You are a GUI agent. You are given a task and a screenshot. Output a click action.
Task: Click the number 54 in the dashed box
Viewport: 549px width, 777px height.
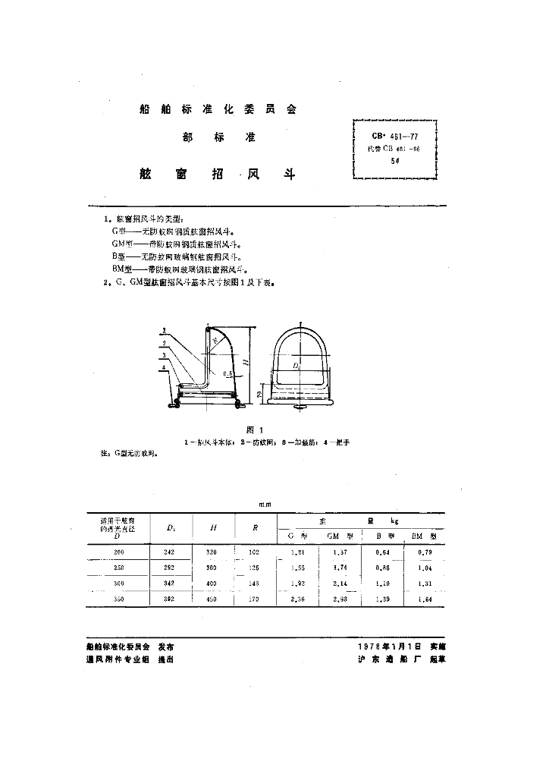click(394, 161)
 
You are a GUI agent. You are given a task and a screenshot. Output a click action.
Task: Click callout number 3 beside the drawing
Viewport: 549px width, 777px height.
click(164, 356)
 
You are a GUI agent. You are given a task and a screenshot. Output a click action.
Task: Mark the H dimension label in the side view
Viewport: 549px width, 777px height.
click(248, 363)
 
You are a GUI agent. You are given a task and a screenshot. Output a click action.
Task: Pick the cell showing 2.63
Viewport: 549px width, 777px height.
click(339, 599)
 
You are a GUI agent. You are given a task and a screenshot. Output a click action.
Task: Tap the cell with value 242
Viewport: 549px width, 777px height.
click(169, 552)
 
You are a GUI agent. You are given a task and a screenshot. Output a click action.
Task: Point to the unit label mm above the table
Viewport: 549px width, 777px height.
click(265, 504)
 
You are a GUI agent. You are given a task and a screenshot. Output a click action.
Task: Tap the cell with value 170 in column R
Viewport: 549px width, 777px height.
click(253, 599)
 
